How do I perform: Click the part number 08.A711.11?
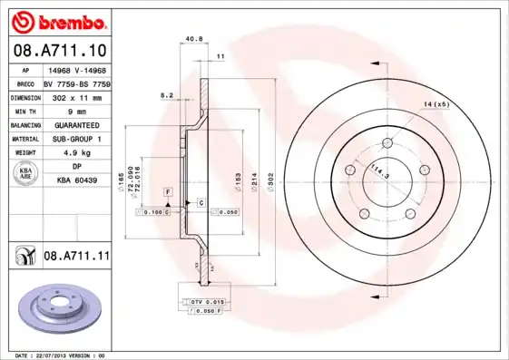coord(76,257)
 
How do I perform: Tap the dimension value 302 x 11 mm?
coord(77,95)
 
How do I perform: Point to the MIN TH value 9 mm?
coord(77,110)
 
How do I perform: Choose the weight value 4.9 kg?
coord(77,153)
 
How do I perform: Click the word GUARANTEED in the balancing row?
coord(77,124)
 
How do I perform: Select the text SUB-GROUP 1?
coord(77,139)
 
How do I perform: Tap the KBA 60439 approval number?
coord(77,180)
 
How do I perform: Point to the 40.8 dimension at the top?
coord(193,39)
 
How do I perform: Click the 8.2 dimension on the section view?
coord(167,94)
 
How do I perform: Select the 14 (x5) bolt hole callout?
coord(436,106)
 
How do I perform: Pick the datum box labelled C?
coord(201,203)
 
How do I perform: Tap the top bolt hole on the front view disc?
coord(387,141)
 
